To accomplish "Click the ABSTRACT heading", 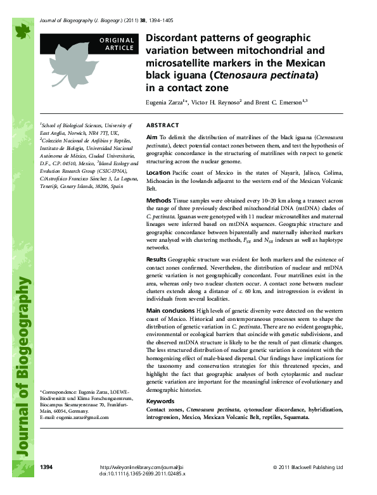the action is click(x=162, y=125).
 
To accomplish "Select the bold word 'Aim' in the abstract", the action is click(x=151, y=137).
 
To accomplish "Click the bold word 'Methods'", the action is click(x=158, y=200).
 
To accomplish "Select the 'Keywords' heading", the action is click(x=160, y=401).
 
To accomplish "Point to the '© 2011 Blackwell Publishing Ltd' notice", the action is click(x=307, y=467).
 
